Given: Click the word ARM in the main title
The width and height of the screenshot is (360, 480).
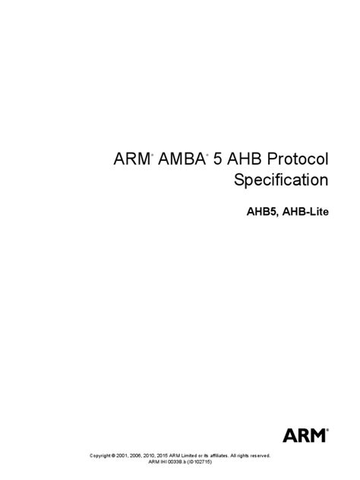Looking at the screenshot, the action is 131,159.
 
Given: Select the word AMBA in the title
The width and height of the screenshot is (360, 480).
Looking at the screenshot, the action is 182,159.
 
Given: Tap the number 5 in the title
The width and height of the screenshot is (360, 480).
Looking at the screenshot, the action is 217,159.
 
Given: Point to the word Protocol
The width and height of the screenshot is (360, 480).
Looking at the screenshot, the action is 298,159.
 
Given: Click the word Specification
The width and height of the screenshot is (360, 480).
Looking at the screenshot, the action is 281,180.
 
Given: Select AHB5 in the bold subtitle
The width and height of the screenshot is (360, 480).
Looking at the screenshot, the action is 262,212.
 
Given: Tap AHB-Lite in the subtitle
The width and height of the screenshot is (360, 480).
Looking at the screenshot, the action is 305,212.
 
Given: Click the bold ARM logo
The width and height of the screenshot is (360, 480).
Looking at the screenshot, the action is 305,435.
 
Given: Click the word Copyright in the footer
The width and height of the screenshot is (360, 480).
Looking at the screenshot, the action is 100,456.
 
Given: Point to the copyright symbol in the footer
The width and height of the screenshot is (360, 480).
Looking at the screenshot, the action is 113,456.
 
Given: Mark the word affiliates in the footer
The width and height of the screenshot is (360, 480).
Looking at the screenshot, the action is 219,456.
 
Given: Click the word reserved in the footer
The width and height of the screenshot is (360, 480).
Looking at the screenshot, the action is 261,456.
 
